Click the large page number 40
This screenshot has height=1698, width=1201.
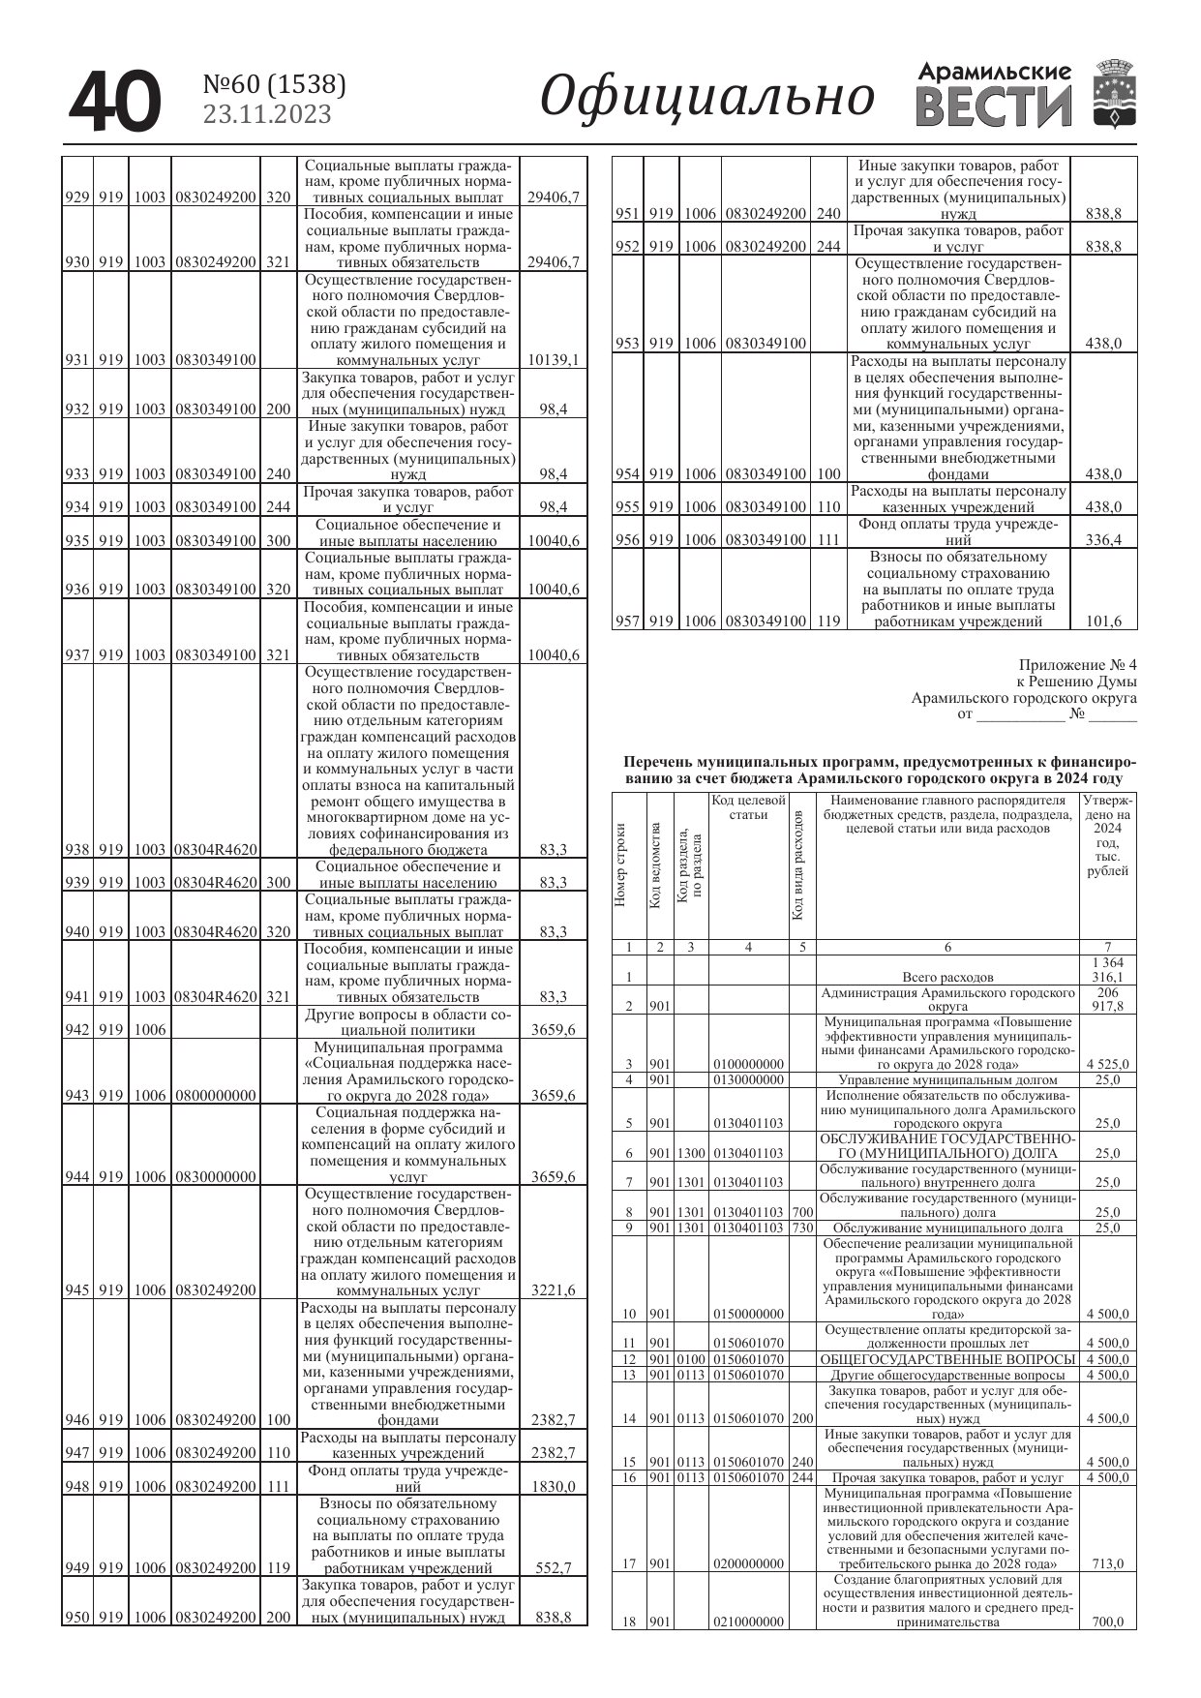tap(114, 102)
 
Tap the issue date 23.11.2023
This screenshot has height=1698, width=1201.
tap(266, 115)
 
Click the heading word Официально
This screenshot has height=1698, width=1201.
tap(706, 98)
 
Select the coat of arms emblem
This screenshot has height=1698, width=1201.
tap(1115, 94)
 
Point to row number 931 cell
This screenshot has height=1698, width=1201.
tap(77, 360)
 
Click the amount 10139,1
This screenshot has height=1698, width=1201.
tap(554, 360)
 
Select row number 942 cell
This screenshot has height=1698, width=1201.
tap(77, 1030)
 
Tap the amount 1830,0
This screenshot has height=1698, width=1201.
tap(554, 1487)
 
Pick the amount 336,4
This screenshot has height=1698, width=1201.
tap(1103, 540)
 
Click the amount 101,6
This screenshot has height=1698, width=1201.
tap(1103, 622)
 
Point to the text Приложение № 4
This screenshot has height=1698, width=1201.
tap(1077, 665)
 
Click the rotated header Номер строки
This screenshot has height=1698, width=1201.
tap(621, 864)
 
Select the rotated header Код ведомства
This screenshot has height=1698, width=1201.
tap(655, 864)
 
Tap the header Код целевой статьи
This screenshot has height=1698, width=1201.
tap(748, 807)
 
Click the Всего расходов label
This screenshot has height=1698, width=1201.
tap(947, 977)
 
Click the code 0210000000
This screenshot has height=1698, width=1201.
tap(748, 1622)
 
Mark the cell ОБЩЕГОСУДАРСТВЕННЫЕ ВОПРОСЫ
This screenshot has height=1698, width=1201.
tap(947, 1360)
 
